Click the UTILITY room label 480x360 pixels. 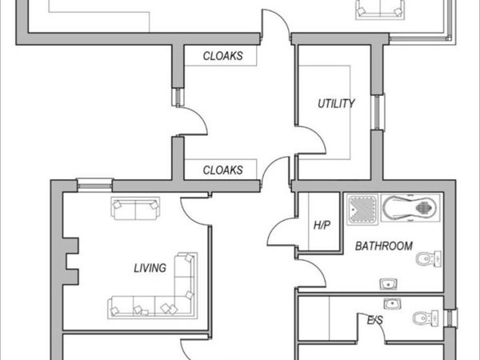click(336, 103)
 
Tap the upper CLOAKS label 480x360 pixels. click(223, 56)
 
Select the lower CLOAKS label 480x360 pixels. click(223, 170)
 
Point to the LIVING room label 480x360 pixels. click(150, 268)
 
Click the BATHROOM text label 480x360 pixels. click(384, 246)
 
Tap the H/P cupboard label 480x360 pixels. click(322, 226)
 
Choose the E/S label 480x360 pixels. click(375, 320)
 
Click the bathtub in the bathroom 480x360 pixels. click(411, 208)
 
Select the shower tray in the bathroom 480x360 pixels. click(362, 210)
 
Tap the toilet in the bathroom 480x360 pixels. click(429, 258)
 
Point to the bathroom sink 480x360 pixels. click(389, 284)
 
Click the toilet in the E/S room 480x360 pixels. click(426, 318)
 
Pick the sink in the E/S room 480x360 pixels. click(393, 304)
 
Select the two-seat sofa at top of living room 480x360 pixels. click(135, 209)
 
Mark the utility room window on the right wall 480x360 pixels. click(378, 112)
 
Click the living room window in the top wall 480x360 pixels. click(94, 186)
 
